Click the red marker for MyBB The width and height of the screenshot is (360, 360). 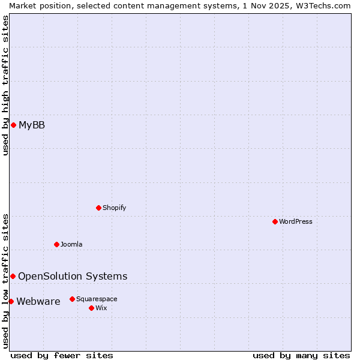(13, 125)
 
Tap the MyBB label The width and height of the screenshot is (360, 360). (32, 125)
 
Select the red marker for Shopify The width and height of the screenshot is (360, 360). (98, 208)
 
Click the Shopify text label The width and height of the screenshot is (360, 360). (114, 208)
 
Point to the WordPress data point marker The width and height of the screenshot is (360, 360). (275, 221)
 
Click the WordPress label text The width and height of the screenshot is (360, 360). (296, 222)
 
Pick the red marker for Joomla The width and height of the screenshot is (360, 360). (56, 244)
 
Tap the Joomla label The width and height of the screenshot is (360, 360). (71, 245)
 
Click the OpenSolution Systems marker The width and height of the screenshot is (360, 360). (13, 276)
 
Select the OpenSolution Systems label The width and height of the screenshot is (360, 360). (73, 277)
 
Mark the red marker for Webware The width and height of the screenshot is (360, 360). (11, 301)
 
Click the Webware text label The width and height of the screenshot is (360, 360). (38, 302)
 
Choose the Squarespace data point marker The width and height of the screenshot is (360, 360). (72, 299)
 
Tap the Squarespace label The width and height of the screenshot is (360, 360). (97, 299)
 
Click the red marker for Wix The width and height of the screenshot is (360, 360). (91, 308)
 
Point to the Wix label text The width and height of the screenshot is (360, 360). (101, 308)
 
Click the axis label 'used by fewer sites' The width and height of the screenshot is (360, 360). (62, 355)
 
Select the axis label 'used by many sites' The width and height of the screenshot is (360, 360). (301, 355)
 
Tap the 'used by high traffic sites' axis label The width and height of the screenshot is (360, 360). (5, 85)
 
